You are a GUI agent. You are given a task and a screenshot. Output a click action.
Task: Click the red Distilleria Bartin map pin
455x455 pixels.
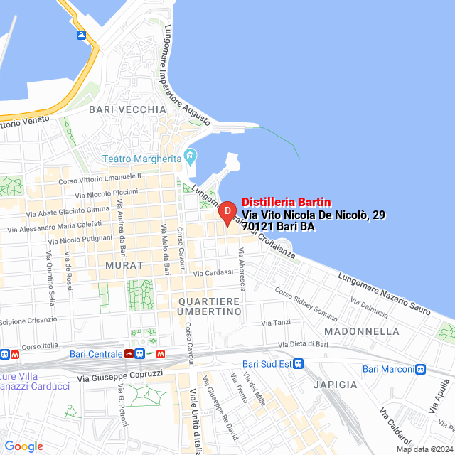226,212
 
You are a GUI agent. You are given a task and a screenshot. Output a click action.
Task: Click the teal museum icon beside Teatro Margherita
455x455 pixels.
190,156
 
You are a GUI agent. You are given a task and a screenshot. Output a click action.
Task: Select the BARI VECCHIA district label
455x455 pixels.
127,109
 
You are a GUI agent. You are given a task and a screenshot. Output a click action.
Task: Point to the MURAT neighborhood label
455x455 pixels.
119,264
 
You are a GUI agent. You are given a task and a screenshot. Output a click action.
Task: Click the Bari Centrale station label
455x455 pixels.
96,353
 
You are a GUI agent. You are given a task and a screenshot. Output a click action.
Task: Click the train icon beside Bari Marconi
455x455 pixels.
421,368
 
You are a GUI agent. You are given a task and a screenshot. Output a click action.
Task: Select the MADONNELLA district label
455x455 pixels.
361,331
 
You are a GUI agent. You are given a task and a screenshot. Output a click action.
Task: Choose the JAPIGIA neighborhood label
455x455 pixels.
333,384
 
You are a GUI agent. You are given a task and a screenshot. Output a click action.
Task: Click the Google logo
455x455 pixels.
23,446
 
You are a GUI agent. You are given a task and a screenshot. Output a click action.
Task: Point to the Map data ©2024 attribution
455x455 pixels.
424,449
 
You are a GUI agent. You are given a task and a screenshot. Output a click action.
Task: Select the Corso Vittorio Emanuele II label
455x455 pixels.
100,177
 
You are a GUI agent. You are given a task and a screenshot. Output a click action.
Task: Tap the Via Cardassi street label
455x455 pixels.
213,272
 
